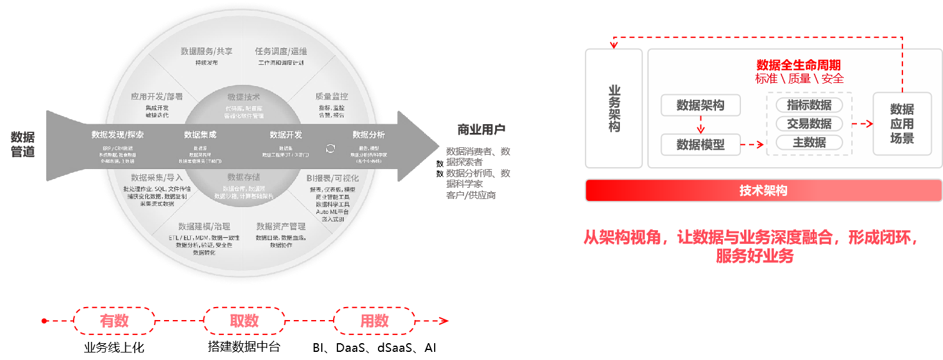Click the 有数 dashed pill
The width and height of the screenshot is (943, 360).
point(114,321)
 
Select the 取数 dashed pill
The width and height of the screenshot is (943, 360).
point(244,321)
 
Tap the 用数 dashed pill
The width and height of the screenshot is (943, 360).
point(374,321)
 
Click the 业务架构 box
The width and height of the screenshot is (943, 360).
point(614,109)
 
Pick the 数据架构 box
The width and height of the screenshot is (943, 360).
point(700,105)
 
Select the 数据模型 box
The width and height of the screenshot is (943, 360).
point(700,145)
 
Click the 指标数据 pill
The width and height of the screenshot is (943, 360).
point(809,105)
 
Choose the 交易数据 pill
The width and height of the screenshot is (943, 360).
point(809,124)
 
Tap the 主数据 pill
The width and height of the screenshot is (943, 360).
point(809,142)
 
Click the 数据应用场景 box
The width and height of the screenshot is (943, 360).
point(902,124)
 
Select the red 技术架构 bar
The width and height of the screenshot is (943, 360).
point(763,191)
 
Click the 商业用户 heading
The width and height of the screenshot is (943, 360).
point(481,130)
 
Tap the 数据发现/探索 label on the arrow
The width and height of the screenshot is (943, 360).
point(118,135)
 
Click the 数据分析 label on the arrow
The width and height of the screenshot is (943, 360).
point(369,135)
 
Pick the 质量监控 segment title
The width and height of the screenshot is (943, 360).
point(331,97)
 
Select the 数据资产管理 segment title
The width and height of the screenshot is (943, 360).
point(281,226)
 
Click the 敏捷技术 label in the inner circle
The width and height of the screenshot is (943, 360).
point(244,97)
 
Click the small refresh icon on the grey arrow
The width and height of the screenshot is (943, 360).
point(331,148)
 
